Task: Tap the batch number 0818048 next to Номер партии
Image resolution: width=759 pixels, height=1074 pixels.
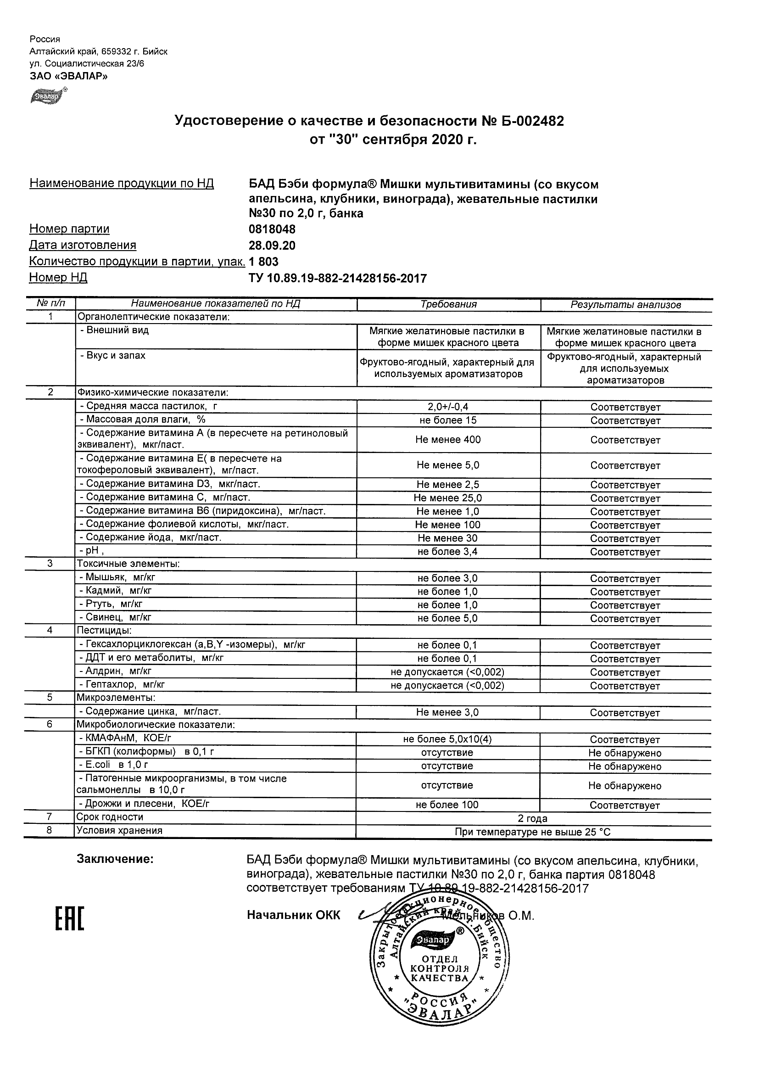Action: pos(272,229)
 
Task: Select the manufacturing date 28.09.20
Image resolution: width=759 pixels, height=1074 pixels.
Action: pos(272,246)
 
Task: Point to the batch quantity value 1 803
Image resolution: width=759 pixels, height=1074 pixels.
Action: pos(264,262)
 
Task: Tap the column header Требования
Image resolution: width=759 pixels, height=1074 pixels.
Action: pos(448,304)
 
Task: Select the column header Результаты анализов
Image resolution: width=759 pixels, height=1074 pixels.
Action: pos(625,305)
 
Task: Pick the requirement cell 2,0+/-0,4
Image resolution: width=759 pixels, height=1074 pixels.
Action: pos(448,407)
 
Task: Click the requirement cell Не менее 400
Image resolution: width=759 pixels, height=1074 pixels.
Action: pos(447,440)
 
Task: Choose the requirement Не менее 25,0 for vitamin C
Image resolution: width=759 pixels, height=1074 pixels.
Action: pos(447,498)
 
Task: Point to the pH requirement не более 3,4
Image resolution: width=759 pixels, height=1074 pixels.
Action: pos(447,552)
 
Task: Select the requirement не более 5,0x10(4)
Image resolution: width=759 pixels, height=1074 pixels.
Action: pos(447,739)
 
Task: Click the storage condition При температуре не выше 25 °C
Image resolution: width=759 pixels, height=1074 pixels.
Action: pos(532,832)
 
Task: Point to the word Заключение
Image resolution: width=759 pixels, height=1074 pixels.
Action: pos(115,859)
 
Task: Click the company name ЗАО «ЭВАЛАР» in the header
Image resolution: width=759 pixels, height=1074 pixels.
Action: pos(69,76)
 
